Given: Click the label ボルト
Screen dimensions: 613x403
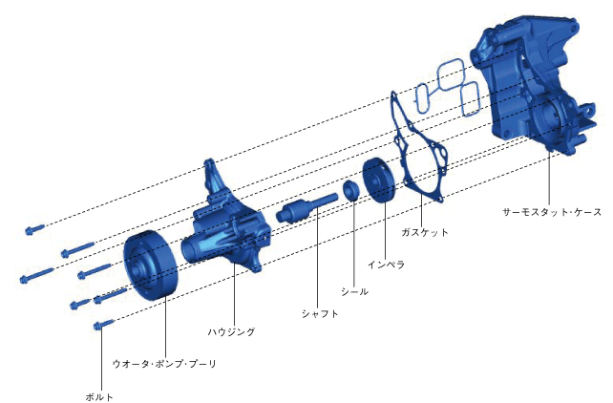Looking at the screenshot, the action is tap(99, 396).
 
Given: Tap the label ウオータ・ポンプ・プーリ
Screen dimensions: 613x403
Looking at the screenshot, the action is tap(164, 364).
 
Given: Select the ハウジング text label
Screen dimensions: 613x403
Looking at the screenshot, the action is tap(231, 332).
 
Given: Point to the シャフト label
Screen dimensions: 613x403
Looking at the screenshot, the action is tap(320, 313).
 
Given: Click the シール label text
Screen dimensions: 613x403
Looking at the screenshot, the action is tap(354, 291).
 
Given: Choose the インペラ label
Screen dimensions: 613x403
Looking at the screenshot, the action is tap(386, 265).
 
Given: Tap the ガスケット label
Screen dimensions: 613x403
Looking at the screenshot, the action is tap(425, 232).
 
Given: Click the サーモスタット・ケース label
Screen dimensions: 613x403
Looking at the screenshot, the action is tap(552, 212).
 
